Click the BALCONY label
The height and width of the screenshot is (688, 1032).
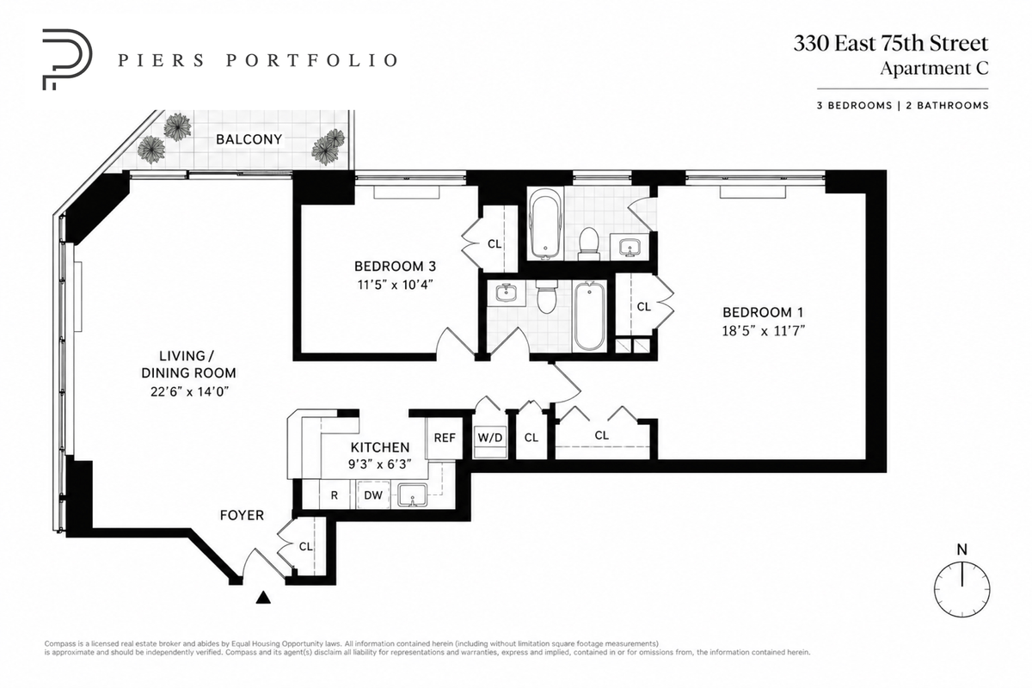(249, 139)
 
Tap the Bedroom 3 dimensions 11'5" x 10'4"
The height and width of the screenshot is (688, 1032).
(396, 285)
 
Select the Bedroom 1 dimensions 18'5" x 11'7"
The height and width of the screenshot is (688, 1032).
(763, 331)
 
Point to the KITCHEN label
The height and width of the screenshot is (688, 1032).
(380, 447)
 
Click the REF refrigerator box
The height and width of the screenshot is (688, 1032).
(445, 438)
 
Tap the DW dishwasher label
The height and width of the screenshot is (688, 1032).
(373, 495)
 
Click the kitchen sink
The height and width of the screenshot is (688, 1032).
(413, 495)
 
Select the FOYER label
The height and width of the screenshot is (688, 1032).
(242, 515)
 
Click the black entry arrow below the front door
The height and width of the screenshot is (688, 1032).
(263, 597)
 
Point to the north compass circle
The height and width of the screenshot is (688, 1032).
(962, 589)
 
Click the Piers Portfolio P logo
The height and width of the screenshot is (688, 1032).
(67, 59)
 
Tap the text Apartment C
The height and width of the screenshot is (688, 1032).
(934, 68)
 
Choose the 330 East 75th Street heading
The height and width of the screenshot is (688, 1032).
(891, 43)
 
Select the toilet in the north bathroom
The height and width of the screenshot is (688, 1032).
(588, 243)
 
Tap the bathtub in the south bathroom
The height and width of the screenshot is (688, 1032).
(589, 317)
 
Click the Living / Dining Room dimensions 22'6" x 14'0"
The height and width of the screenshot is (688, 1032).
(189, 391)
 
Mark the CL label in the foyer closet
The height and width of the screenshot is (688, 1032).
(306, 546)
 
